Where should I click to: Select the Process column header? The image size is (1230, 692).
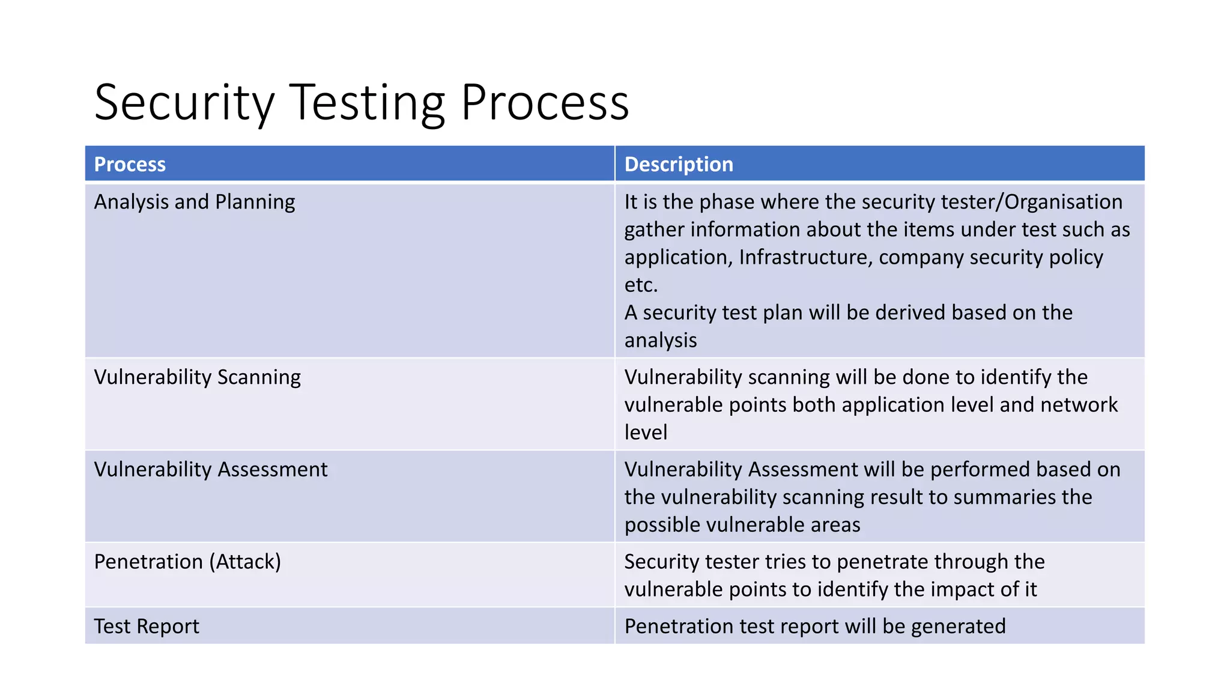[130, 165]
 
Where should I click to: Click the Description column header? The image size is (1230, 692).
[679, 165]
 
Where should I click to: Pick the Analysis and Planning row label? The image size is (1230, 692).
[195, 202]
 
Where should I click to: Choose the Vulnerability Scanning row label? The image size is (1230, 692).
[198, 377]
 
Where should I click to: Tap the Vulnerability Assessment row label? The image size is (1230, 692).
[211, 470]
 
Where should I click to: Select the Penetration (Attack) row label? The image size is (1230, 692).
[187, 562]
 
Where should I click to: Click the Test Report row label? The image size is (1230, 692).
[147, 627]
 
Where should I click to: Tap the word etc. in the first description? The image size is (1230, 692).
[641, 285]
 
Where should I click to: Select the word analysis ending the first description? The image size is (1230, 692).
[661, 341]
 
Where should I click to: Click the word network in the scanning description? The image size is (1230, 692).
[1079, 405]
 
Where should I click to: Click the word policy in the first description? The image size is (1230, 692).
[1076, 257]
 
